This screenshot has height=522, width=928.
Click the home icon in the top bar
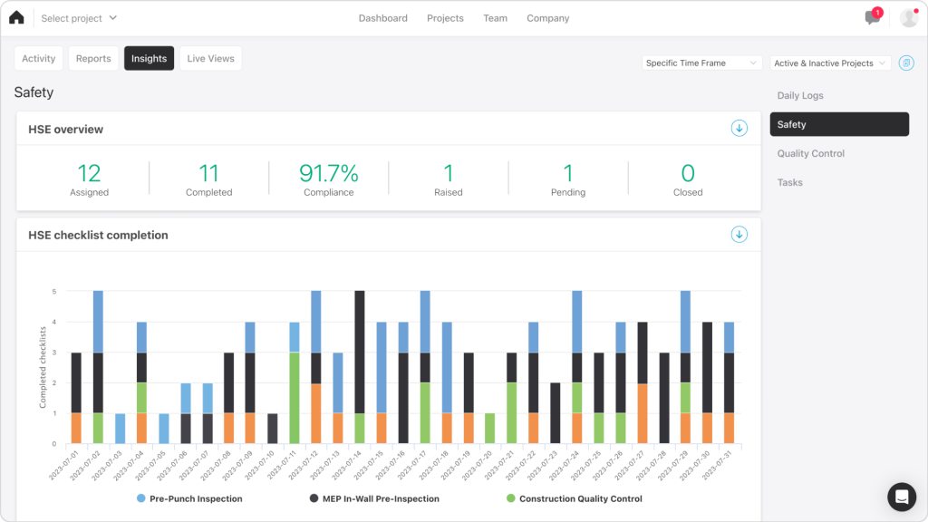coord(16,17)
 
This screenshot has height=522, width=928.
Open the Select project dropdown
coord(79,18)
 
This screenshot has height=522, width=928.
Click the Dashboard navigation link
coord(382,18)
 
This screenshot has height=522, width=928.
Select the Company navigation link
coord(547,18)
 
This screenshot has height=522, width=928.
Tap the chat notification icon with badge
coord(873,17)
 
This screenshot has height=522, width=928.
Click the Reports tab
coord(93,58)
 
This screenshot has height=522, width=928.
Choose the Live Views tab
coord(210,58)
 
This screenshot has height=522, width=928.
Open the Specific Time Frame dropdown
coord(702,63)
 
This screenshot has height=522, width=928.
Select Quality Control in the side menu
coord(810,153)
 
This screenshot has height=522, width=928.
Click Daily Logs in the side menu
coord(800,95)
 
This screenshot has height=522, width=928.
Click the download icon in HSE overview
coord(739,129)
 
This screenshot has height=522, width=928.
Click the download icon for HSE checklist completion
coord(739,235)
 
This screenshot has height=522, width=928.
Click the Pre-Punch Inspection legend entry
coord(189,498)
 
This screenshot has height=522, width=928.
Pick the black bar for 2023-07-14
coord(360,352)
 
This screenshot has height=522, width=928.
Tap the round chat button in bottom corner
coord(902,497)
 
